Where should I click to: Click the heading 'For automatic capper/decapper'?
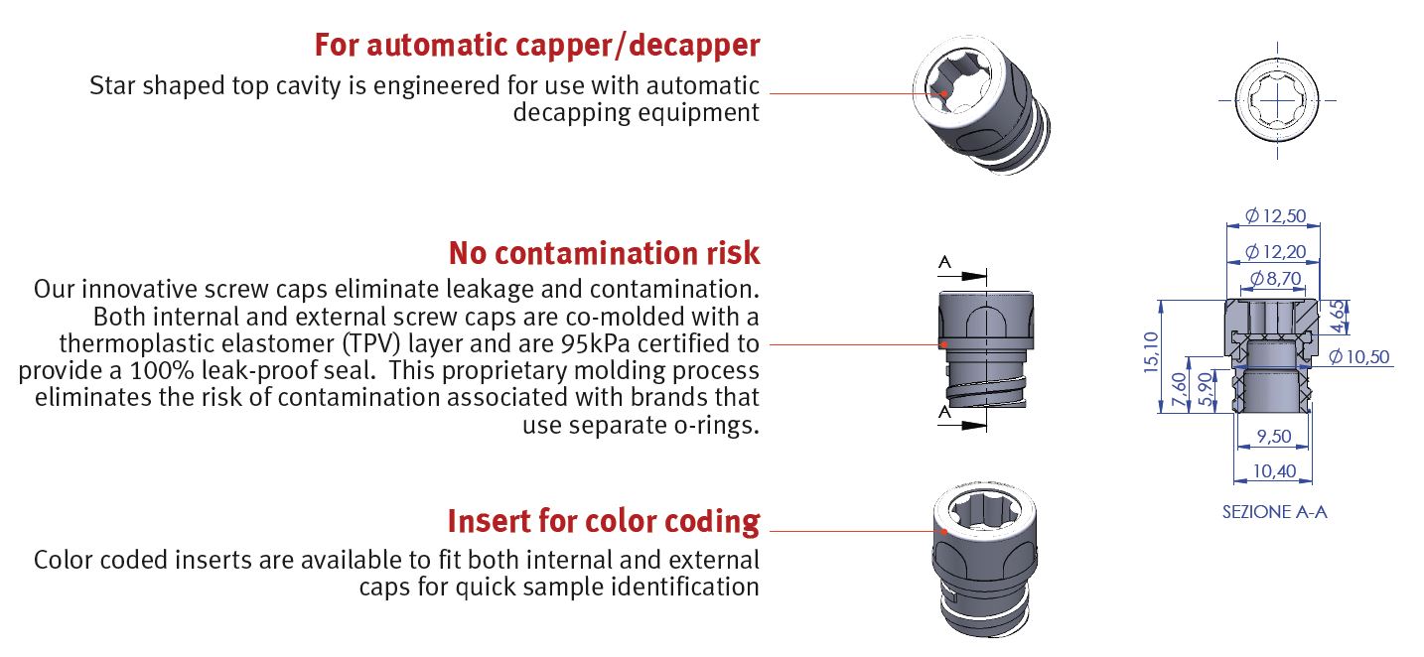click(x=537, y=45)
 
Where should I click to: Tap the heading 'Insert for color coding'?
click(x=603, y=520)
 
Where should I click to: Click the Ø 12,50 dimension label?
click(x=1276, y=215)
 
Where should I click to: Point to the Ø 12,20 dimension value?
click(x=1276, y=252)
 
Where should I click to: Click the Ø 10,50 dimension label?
click(x=1360, y=356)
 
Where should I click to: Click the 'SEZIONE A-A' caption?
click(x=1274, y=513)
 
